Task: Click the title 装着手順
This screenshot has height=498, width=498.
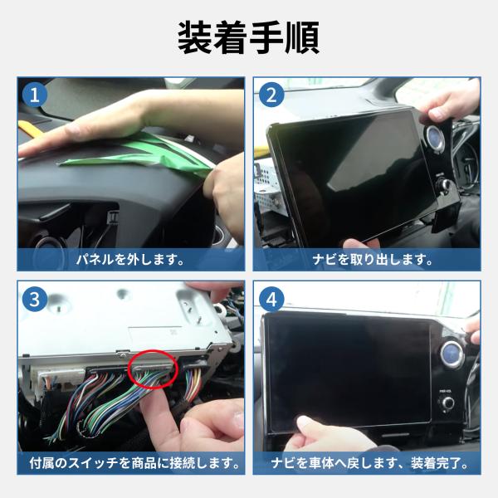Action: (x=249, y=37)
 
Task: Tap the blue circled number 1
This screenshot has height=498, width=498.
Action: (x=35, y=95)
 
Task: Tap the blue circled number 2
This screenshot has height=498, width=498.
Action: (x=271, y=95)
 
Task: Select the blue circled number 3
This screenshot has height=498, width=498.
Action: (x=35, y=299)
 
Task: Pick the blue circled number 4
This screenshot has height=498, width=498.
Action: (x=271, y=299)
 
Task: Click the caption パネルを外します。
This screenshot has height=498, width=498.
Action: (x=130, y=260)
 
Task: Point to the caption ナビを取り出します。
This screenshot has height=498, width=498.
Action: (x=372, y=260)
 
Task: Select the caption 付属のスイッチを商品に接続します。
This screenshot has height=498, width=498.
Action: (x=134, y=463)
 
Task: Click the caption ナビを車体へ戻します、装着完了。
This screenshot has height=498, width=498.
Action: (x=370, y=463)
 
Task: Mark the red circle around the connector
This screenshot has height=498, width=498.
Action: (x=153, y=352)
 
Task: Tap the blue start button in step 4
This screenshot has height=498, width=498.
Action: (x=452, y=354)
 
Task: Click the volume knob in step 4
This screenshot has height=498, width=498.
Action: (x=448, y=403)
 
